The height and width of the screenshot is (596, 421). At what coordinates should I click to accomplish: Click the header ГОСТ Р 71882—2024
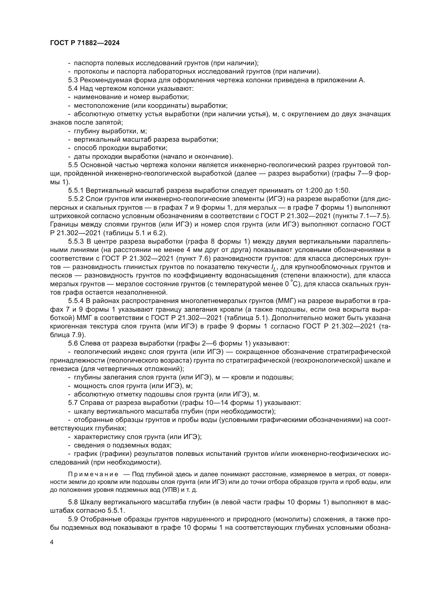tap(85, 43)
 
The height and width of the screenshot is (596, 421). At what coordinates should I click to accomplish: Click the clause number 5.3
tap(73, 80)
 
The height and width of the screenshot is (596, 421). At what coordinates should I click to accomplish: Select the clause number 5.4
tap(73, 88)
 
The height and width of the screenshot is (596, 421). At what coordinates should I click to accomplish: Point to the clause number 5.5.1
tap(76, 191)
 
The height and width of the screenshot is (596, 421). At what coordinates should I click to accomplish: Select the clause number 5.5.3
tap(76, 242)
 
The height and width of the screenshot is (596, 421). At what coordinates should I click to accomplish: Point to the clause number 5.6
tap(73, 343)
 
